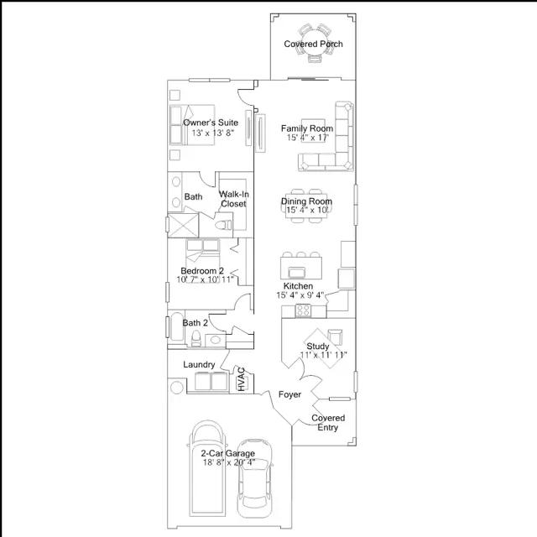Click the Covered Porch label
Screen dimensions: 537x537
point(313,44)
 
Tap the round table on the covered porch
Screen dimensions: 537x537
point(314,43)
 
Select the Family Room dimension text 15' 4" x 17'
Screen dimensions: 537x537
point(308,138)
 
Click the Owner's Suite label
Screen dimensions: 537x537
point(211,123)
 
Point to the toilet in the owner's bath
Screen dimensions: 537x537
point(223,225)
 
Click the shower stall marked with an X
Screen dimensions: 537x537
point(184,226)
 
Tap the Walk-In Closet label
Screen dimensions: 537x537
point(233,199)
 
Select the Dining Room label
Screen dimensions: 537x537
point(306,201)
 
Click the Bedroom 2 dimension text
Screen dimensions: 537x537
point(205,279)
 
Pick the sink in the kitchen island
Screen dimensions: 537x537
point(296,272)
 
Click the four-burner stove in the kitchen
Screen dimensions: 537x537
point(303,310)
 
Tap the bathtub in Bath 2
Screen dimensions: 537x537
point(177,326)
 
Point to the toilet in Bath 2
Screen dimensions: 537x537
point(196,338)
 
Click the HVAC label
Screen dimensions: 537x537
point(242,379)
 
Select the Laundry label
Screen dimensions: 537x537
point(199,364)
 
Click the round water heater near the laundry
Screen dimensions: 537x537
point(177,388)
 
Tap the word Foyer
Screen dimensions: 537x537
point(289,394)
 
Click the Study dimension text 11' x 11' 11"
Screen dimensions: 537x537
point(323,355)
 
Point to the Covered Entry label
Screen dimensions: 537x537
point(328,423)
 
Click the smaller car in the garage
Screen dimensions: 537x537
point(255,478)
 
